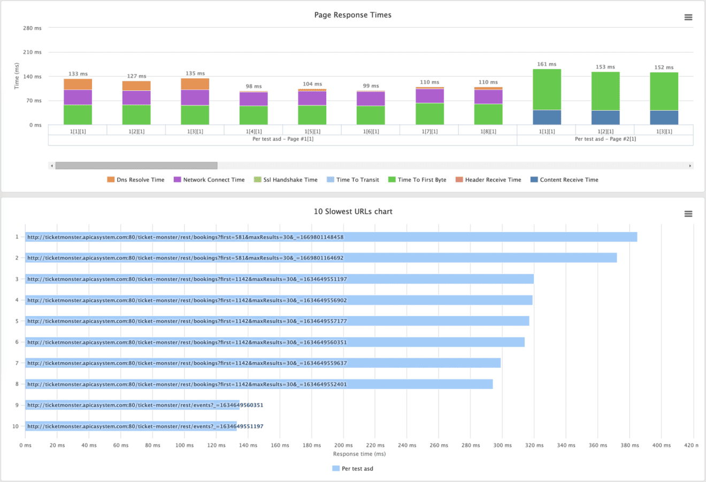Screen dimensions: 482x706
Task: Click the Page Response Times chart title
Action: (x=352, y=15)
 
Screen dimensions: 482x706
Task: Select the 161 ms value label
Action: (x=547, y=64)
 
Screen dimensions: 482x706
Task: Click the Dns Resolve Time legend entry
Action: (x=136, y=180)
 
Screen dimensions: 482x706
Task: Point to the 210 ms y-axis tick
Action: (x=32, y=52)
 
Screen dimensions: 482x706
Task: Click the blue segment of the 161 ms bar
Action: (x=547, y=117)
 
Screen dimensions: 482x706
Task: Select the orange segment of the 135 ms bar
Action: (x=195, y=84)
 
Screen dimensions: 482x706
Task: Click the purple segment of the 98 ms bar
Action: (x=254, y=99)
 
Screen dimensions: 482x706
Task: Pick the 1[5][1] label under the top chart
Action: (x=312, y=132)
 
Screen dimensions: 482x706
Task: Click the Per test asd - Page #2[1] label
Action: (x=605, y=139)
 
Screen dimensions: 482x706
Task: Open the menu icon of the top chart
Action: (x=688, y=18)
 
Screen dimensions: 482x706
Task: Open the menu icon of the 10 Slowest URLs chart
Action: (x=688, y=214)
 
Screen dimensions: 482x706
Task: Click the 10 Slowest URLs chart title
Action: (x=353, y=212)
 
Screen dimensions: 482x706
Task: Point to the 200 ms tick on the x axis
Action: (x=343, y=445)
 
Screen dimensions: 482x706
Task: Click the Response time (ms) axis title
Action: (x=359, y=454)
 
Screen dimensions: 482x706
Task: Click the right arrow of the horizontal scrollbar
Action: (x=690, y=166)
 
